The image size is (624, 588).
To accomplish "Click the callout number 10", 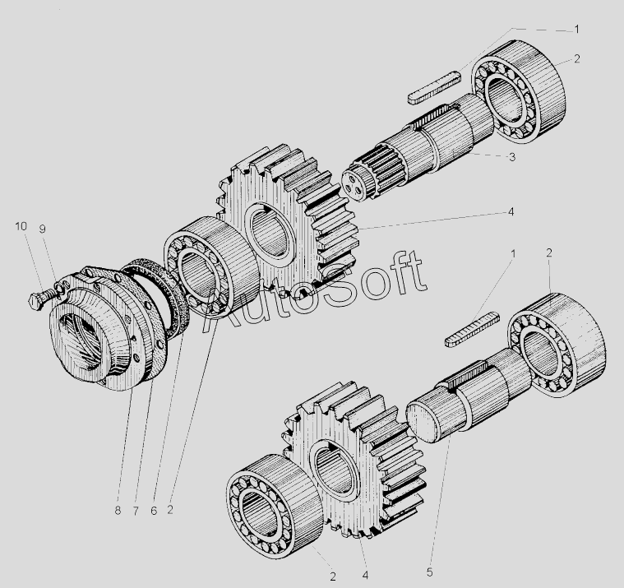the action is click(x=21, y=226).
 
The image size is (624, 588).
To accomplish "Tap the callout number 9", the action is click(x=42, y=229).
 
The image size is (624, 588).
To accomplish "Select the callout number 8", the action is click(x=118, y=511).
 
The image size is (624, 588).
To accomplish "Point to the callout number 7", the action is click(x=136, y=511).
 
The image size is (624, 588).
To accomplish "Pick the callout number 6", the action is click(x=154, y=511).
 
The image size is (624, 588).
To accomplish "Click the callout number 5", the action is click(x=429, y=572).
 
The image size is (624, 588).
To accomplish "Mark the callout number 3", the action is click(x=512, y=157).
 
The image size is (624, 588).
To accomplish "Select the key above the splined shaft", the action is click(x=435, y=87).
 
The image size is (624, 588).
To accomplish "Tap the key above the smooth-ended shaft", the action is click(x=472, y=330).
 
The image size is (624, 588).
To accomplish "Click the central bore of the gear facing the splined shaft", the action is click(x=270, y=236).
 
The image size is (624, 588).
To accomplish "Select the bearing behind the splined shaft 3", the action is click(x=518, y=91).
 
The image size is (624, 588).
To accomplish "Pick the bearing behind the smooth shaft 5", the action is click(x=557, y=345).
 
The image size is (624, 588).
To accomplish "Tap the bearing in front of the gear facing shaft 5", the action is click(x=275, y=507).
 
